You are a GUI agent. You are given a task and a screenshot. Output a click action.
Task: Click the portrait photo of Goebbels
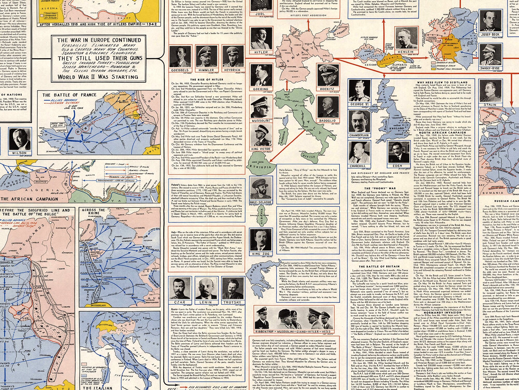[x=180, y=57]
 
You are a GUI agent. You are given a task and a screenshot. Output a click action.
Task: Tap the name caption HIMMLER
[x=206, y=70]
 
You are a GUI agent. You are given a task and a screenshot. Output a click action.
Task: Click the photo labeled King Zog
[x=261, y=240]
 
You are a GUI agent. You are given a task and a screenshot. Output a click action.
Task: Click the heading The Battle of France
[x=69, y=95]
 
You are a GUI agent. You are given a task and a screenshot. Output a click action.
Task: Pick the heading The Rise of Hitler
[x=206, y=79]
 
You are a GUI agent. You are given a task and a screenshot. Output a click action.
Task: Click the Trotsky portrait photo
[x=232, y=288]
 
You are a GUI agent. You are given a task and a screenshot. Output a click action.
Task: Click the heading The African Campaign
[x=29, y=199]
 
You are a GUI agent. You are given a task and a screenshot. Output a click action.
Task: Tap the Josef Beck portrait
[x=490, y=22]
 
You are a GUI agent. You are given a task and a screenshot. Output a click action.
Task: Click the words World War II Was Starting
[x=98, y=77]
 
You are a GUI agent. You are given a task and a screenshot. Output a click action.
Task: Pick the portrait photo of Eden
[x=397, y=152]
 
